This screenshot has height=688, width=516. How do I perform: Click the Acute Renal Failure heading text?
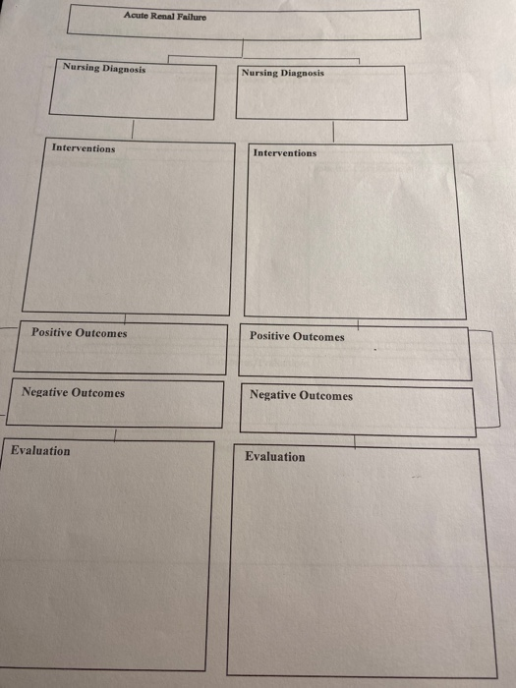click(x=164, y=16)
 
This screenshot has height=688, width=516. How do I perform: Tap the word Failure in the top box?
click(x=192, y=17)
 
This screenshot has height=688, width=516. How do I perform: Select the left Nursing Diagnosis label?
click(x=104, y=68)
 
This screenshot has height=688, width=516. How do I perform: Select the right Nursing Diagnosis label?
click(x=283, y=74)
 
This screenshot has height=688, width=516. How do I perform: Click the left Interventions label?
click(x=84, y=147)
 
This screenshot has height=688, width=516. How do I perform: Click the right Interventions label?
click(x=285, y=153)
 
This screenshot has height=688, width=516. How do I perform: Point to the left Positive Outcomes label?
click(x=79, y=333)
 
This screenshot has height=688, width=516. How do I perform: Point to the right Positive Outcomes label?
click(x=297, y=336)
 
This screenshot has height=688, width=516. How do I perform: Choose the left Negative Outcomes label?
click(x=74, y=392)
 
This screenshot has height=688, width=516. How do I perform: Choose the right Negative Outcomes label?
click(x=301, y=395)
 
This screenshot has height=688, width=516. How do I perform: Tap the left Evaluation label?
click(x=40, y=450)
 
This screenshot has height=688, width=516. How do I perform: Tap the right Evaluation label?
click(x=274, y=456)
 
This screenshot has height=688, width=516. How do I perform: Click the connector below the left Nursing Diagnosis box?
click(x=132, y=129)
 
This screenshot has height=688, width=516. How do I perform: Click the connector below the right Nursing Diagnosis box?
click(x=333, y=132)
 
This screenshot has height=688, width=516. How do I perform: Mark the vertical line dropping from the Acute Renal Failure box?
click(x=242, y=48)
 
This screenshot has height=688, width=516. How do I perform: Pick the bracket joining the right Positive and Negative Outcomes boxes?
click(x=496, y=378)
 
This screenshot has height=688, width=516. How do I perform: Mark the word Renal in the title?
click(x=162, y=16)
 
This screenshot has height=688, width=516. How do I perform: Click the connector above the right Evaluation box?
click(x=355, y=442)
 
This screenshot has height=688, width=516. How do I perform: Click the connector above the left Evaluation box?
click(x=115, y=434)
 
